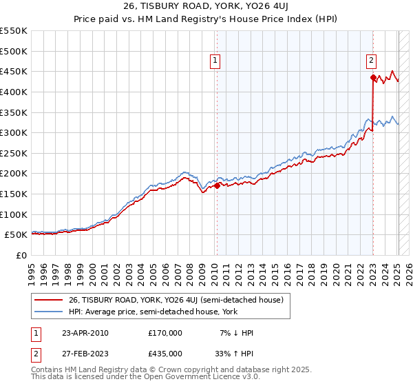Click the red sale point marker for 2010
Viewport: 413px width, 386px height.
pyautogui.click(x=217, y=185)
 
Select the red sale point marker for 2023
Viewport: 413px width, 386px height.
pyautogui.click(x=373, y=77)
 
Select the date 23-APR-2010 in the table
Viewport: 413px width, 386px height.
pyautogui.click(x=85, y=333)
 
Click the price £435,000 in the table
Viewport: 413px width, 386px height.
pyautogui.click(x=165, y=354)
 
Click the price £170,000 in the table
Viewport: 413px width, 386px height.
pyautogui.click(x=165, y=333)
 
